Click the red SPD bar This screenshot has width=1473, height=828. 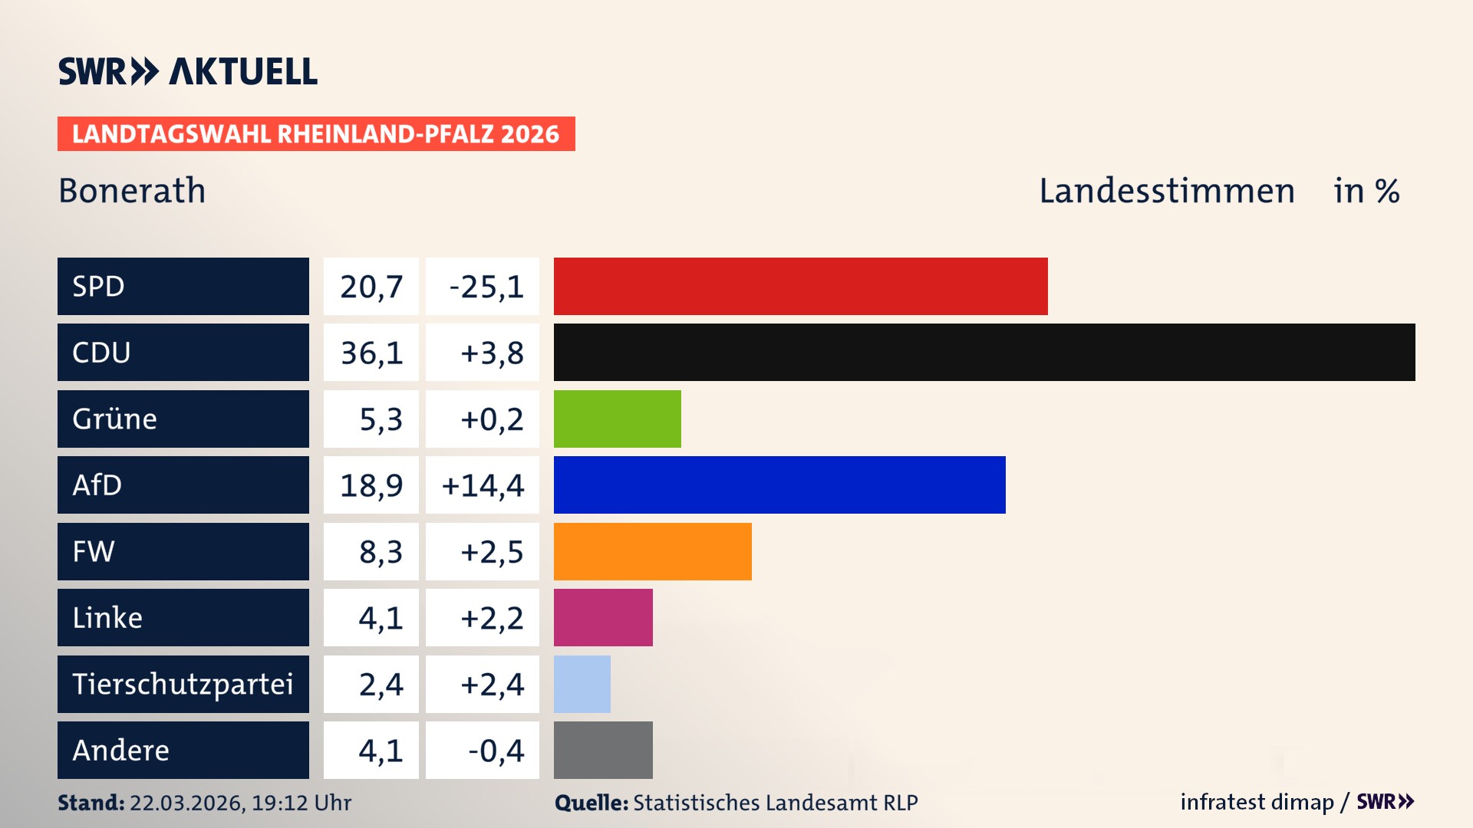[800, 286]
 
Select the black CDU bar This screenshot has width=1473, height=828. [984, 353]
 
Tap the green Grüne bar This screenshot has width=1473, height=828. [617, 419]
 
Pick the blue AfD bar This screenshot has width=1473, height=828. [779, 485]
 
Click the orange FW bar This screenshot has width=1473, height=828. [652, 551]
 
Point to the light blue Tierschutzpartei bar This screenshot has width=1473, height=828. [582, 684]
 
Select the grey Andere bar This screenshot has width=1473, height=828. [603, 750]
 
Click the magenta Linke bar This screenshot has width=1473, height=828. [603, 617]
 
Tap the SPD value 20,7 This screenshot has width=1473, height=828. [371, 287]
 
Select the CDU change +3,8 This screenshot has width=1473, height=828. [491, 353]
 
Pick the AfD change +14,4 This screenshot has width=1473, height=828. [483, 485]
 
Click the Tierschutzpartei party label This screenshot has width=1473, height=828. [183, 684]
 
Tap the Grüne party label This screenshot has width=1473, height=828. [115, 419]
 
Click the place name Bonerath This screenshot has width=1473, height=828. [132, 190]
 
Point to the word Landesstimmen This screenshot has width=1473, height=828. [1166, 190]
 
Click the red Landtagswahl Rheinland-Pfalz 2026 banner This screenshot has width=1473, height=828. [316, 134]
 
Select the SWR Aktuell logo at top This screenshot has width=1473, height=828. [188, 71]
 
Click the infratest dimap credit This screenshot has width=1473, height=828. [1257, 802]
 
